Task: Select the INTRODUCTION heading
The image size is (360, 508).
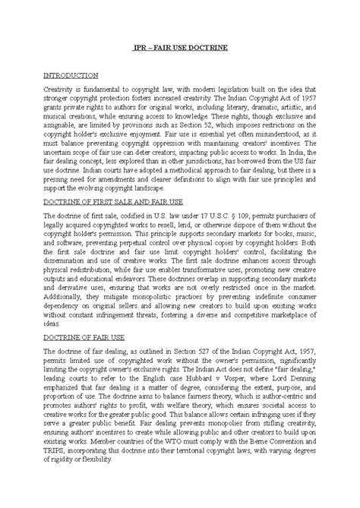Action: click(71, 76)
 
